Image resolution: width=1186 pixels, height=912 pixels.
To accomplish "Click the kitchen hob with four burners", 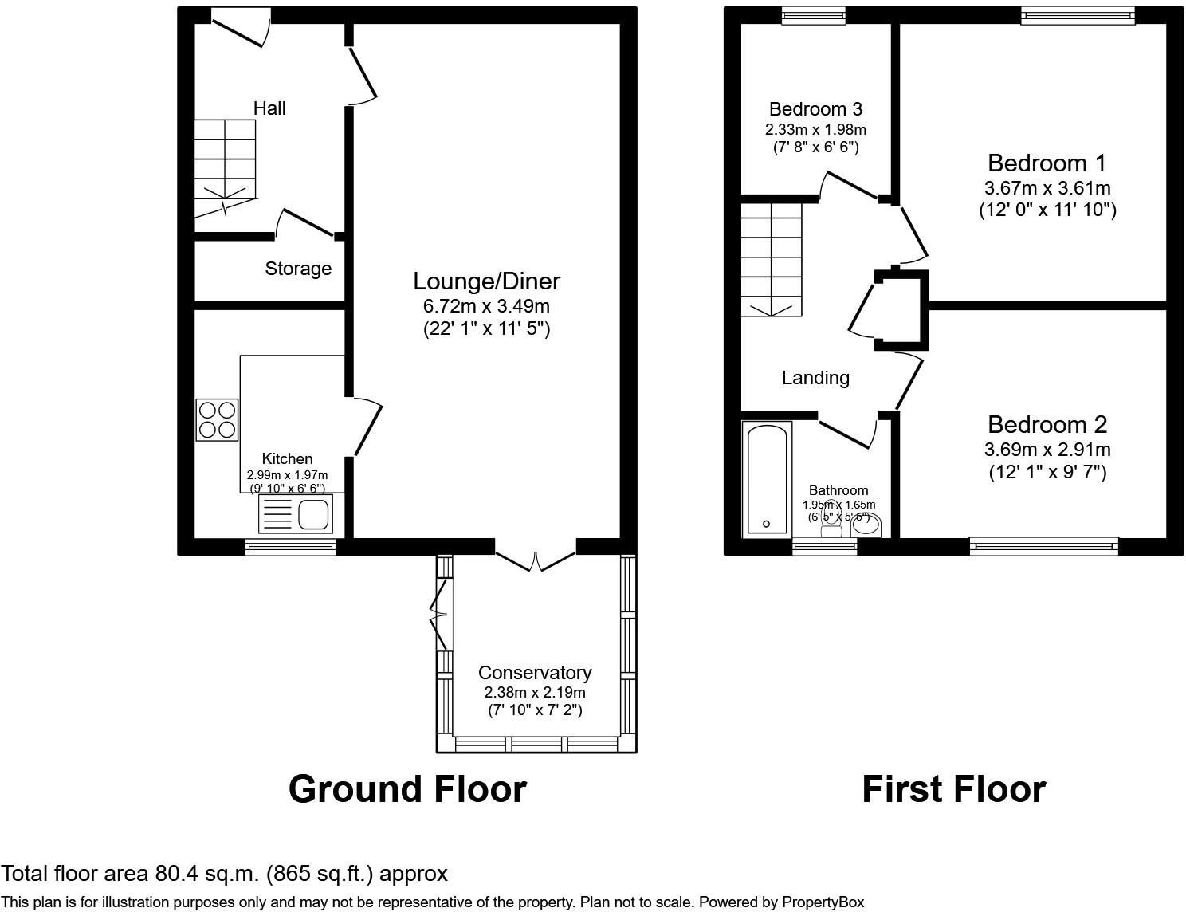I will (x=217, y=419).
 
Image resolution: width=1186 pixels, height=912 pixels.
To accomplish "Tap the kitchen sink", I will (x=296, y=514).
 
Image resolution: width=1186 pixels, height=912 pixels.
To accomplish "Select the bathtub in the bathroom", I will (x=767, y=478).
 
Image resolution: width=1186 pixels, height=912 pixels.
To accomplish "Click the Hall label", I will (x=269, y=108).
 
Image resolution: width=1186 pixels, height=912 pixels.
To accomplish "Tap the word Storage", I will (x=298, y=269).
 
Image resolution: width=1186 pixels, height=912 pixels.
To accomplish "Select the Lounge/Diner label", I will (x=486, y=281).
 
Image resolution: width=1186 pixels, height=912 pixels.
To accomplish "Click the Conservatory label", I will (x=535, y=673).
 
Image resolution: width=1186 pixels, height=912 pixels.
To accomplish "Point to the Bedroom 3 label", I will (x=815, y=109).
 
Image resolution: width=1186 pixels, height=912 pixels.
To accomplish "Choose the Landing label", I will (x=815, y=378).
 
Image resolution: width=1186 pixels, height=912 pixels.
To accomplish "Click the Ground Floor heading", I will (x=407, y=789).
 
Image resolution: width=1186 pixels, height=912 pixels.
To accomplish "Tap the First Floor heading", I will (x=953, y=789).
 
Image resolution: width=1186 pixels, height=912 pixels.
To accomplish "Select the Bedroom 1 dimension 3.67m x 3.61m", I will (x=1047, y=189).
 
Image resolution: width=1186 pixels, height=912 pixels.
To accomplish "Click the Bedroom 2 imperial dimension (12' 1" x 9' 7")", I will (x=1047, y=472).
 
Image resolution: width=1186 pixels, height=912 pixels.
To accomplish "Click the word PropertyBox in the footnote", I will (x=823, y=902).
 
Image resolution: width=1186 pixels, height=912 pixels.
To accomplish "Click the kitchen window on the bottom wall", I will (x=290, y=546).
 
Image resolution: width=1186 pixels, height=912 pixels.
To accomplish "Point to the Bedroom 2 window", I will (x=1044, y=546).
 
